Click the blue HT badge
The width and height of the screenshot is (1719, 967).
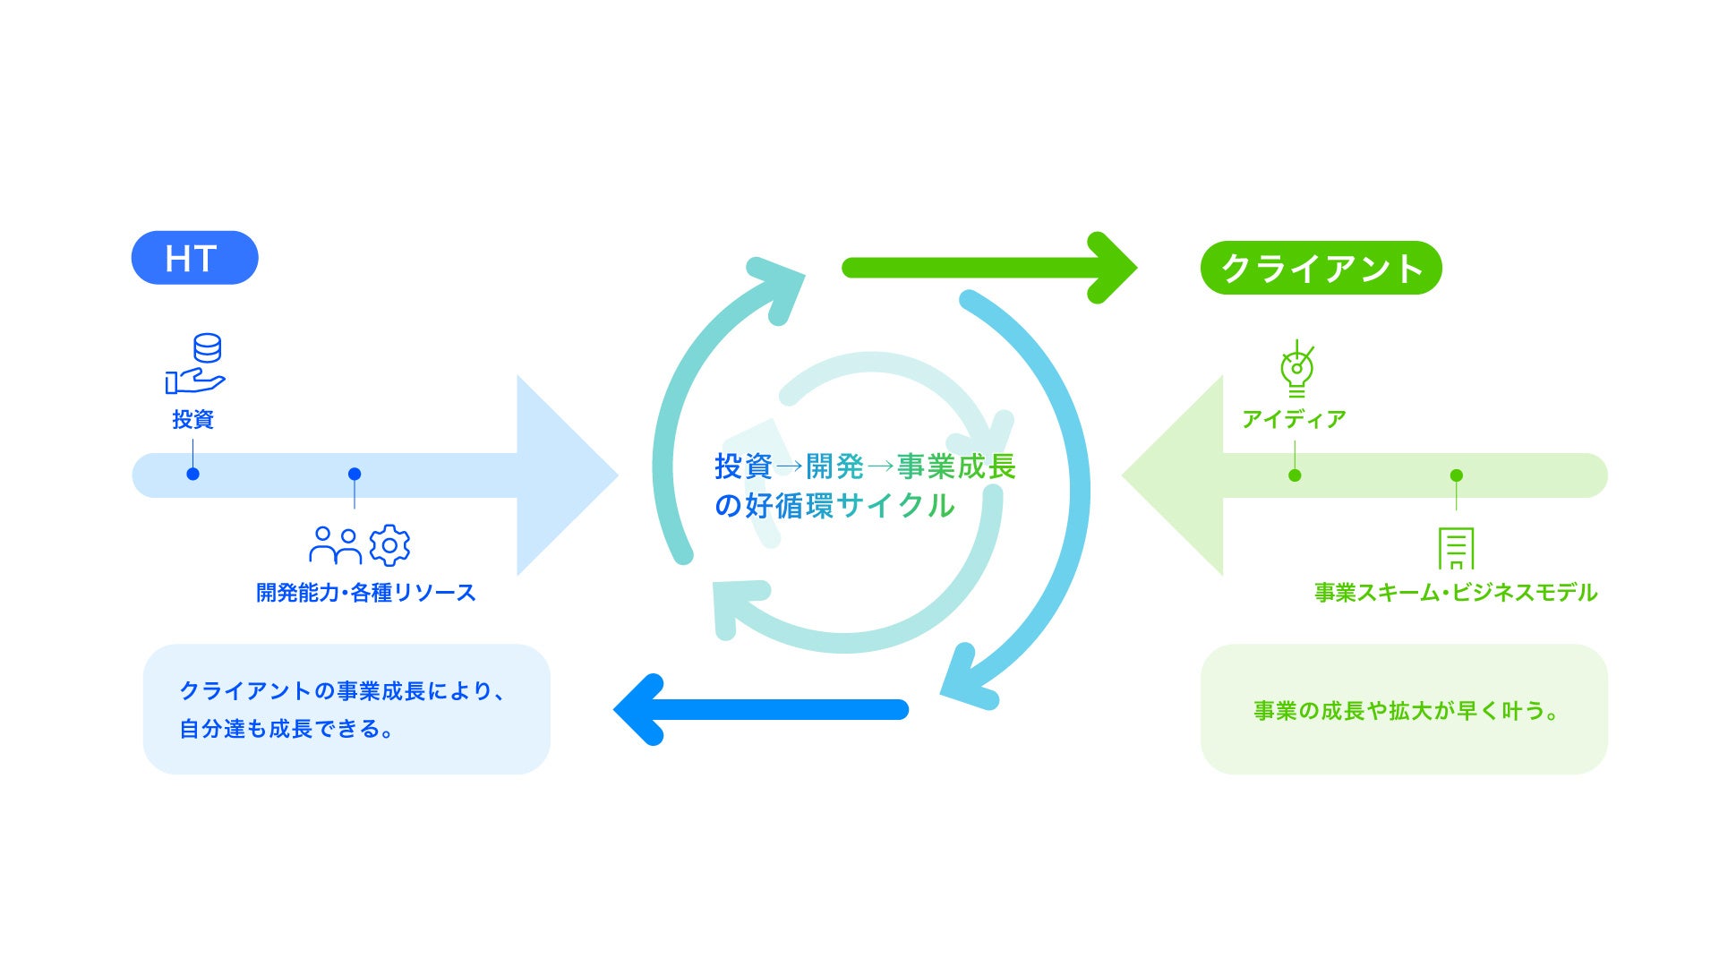click(194, 258)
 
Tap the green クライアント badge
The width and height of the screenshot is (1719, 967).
click(1321, 268)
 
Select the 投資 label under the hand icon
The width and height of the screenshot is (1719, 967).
click(192, 419)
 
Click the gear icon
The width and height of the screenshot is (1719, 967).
click(389, 545)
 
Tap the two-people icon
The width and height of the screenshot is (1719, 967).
click(335, 545)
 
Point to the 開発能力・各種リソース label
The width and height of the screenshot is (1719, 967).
click(365, 593)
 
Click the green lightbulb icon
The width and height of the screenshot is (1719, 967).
click(1296, 369)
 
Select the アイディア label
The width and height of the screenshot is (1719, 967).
click(1294, 419)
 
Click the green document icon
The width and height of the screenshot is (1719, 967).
click(1456, 548)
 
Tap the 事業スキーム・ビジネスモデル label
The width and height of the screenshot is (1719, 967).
click(1456, 593)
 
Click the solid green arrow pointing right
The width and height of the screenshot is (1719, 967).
click(988, 268)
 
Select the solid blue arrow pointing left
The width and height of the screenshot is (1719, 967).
click(762, 710)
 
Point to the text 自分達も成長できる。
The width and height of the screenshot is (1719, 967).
click(286, 729)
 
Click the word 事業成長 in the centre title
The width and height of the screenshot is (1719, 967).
click(956, 466)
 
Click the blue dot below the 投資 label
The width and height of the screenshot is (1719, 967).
click(192, 474)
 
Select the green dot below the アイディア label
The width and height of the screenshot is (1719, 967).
click(1295, 475)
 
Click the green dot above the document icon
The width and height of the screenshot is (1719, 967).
click(1457, 475)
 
